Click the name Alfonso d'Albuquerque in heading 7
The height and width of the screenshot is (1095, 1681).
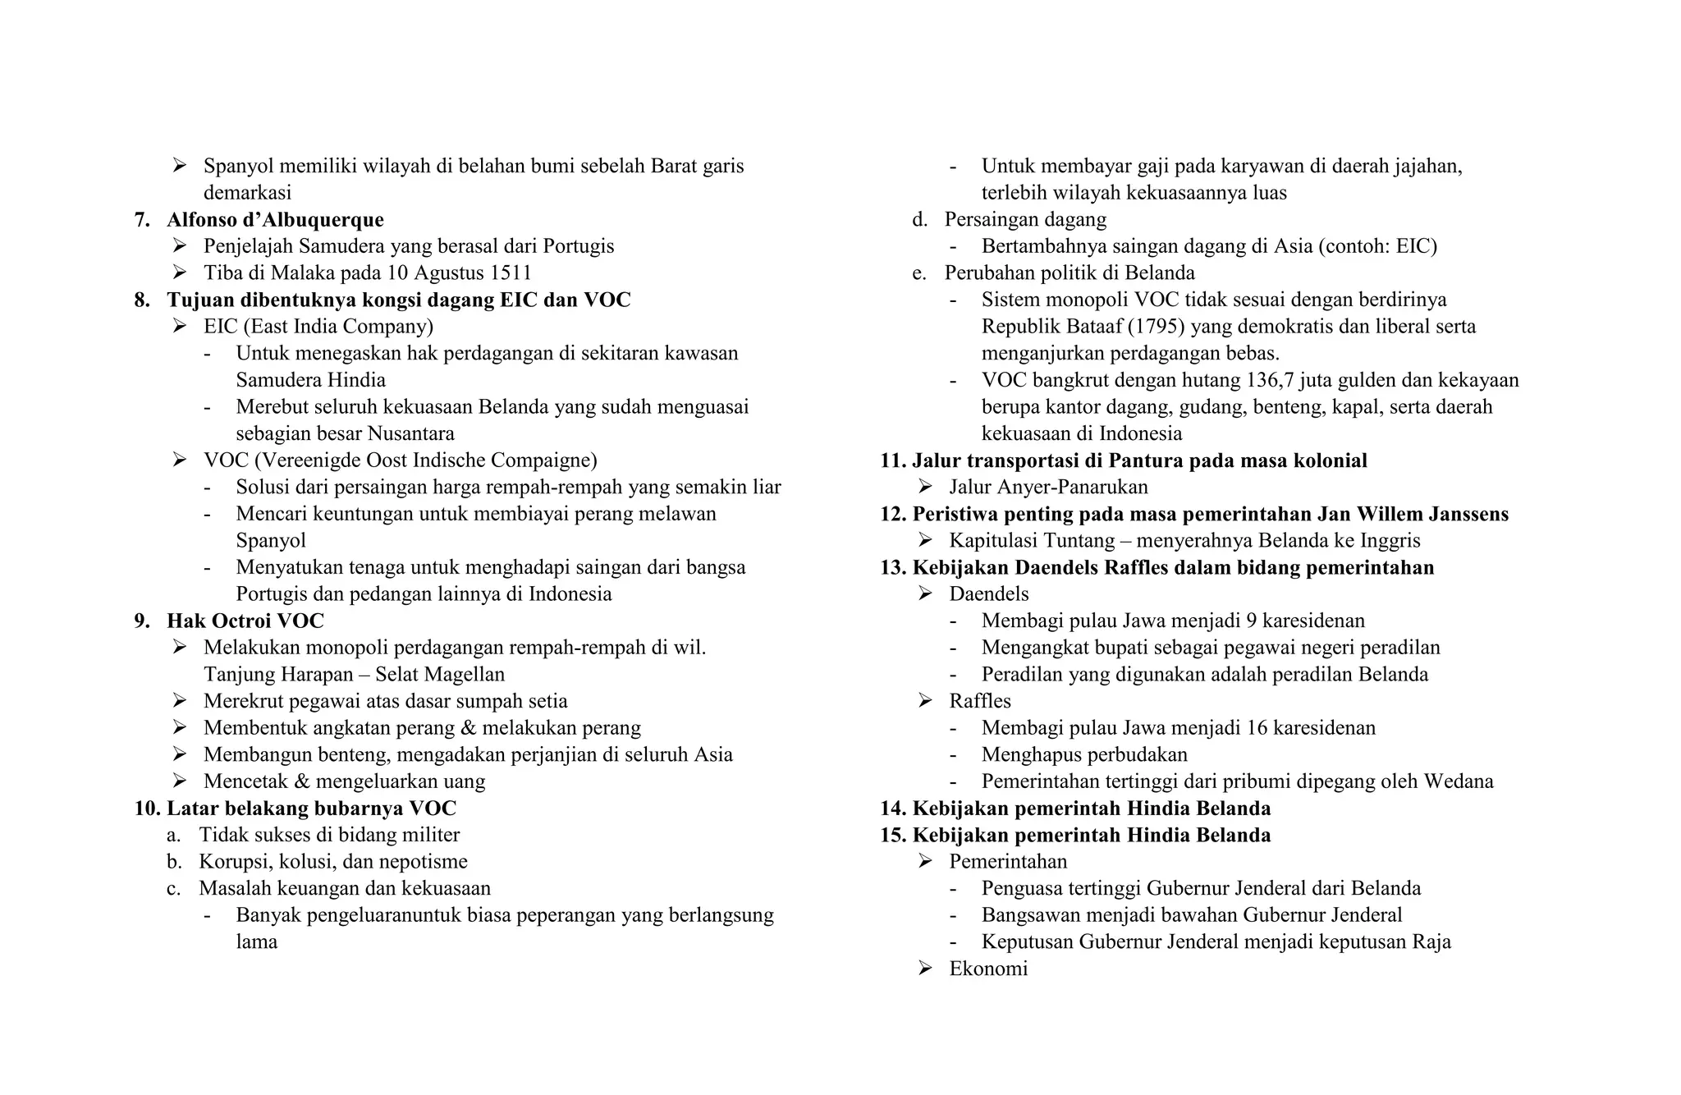click(x=275, y=220)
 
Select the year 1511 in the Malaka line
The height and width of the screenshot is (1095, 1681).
click(x=511, y=273)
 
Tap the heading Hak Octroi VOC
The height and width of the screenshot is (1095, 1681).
click(x=245, y=621)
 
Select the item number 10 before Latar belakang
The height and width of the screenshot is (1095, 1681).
click(x=146, y=809)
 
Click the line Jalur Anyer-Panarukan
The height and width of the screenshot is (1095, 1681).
click(x=1048, y=488)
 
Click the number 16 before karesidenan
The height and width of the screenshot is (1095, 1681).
click(x=1257, y=728)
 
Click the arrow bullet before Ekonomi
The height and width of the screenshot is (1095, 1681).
click(x=925, y=969)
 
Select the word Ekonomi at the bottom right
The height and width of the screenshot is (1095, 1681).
click(x=988, y=969)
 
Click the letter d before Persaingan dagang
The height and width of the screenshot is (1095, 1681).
click(x=918, y=220)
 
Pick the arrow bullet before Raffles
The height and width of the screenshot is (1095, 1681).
click(x=925, y=701)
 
